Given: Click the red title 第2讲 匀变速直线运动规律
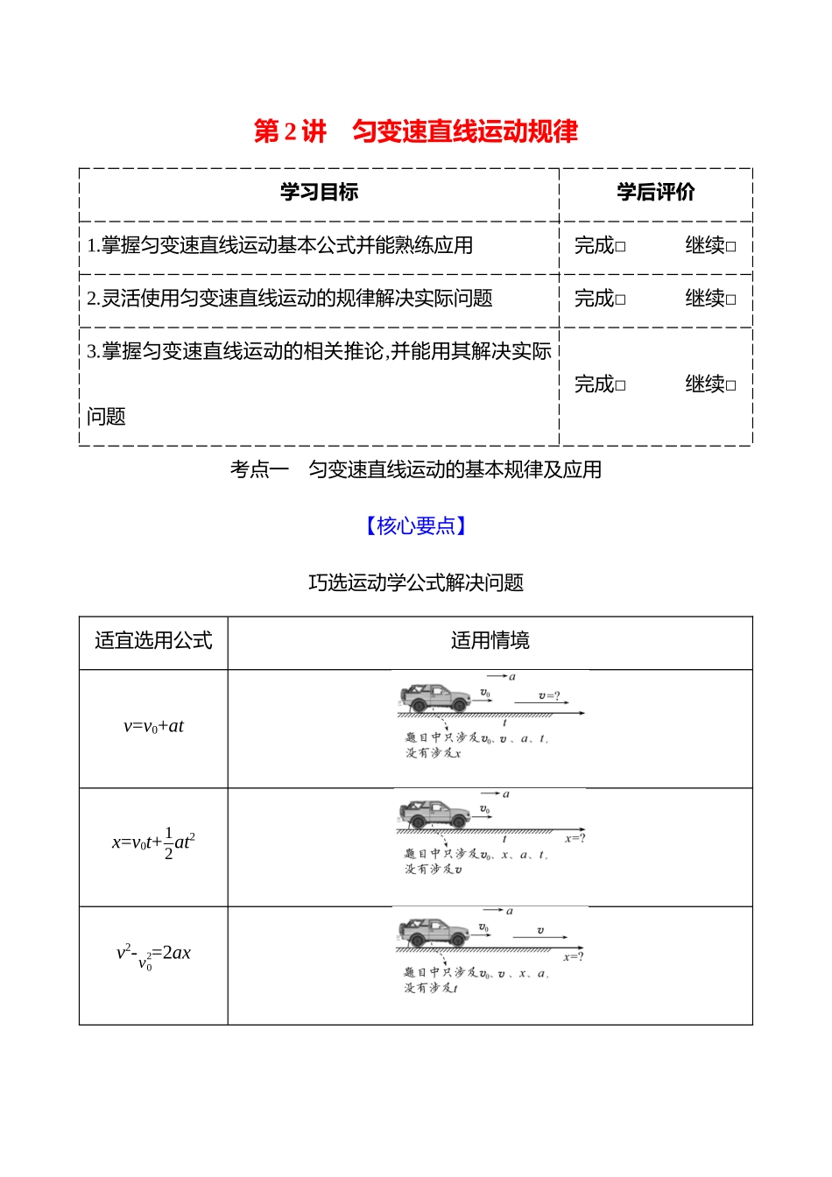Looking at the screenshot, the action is [415, 131].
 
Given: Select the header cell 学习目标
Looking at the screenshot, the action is [319, 193].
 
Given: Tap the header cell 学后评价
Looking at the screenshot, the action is [655, 193].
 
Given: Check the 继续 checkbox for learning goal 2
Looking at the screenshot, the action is [731, 300].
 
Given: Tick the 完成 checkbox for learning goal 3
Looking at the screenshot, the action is [620, 386].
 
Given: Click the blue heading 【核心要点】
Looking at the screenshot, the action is [415, 525].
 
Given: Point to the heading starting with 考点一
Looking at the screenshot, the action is [415, 470].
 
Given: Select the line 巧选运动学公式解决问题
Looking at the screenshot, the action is [415, 583].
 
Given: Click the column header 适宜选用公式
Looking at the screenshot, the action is [153, 641].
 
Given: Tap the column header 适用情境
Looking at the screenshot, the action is [490, 641].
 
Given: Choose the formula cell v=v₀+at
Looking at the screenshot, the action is [153, 726].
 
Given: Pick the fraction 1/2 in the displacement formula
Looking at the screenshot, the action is [168, 843].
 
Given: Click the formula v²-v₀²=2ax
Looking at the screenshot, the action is [153, 955].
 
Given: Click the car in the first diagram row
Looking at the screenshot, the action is [435, 698].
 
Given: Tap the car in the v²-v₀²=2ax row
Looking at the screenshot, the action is [434, 933].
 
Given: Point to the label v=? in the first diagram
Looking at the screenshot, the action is [548, 696].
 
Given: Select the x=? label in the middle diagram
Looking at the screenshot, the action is [575, 839].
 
